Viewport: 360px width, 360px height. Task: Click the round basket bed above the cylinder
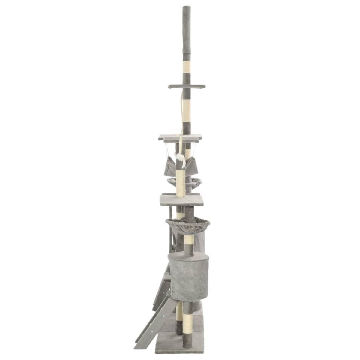[188, 223]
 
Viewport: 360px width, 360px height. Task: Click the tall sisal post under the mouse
[181, 184]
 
